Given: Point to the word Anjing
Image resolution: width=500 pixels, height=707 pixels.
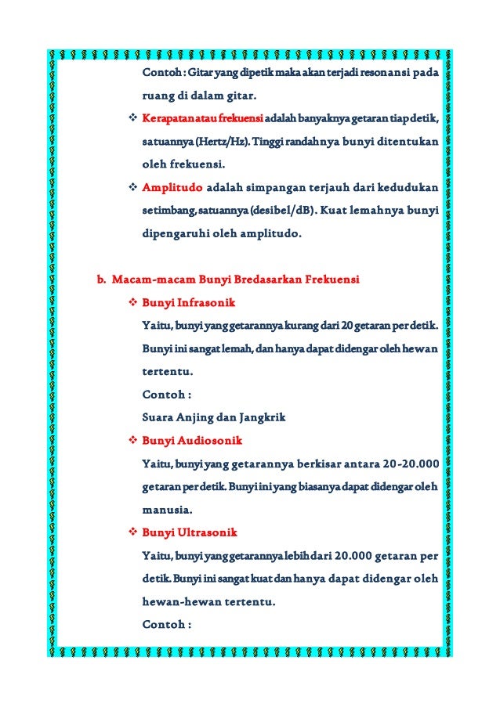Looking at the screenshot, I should [201, 417].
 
